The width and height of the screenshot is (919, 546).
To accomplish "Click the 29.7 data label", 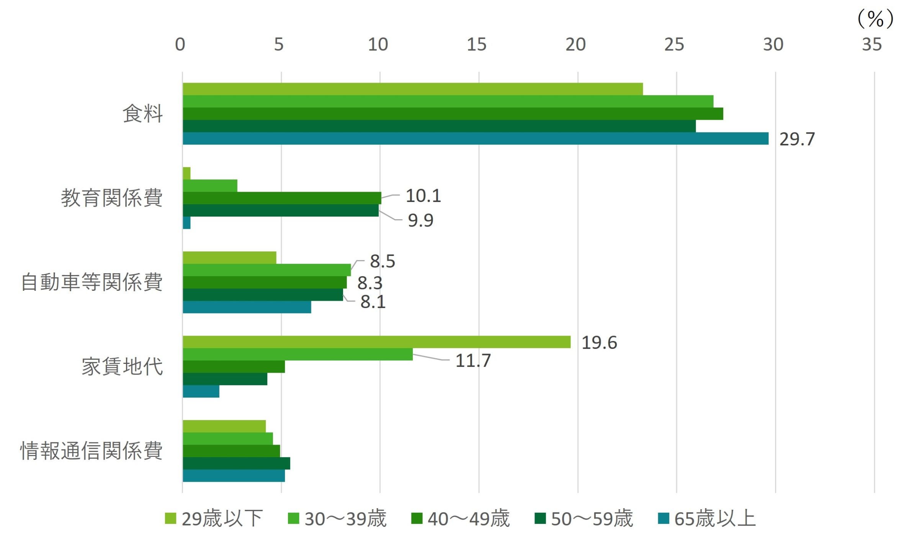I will point(797,139).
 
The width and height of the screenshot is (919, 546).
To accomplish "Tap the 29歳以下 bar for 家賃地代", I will point(376,342).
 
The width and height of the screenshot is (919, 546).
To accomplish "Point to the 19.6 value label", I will point(599,343).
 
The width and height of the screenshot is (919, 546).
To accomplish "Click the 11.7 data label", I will point(473,361).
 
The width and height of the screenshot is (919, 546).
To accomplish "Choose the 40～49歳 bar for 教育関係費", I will point(282,198).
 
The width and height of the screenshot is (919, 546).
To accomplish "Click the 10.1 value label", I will point(423,196).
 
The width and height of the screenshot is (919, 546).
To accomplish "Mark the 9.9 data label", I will point(420,221).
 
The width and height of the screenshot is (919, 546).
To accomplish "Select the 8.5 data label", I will point(382,262).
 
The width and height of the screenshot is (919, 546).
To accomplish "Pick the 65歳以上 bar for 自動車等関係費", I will point(247,307).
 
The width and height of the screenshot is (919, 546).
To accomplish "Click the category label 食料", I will point(143,114).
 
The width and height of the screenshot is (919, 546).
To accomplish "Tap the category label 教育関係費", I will point(112,198).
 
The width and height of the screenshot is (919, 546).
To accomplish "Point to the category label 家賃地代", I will point(122,367).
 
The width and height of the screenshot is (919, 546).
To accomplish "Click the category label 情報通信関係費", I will point(92,451).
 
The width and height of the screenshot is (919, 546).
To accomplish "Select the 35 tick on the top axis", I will point(872,45).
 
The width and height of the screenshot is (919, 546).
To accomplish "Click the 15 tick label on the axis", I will point(476,45).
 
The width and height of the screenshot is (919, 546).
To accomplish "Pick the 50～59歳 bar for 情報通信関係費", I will point(236,463).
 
